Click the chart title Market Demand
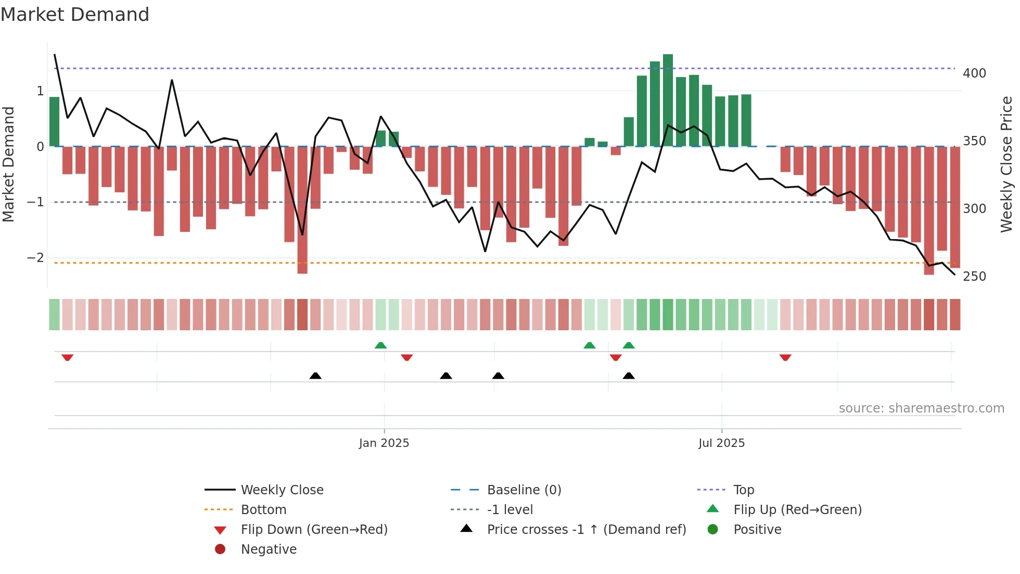click(75, 15)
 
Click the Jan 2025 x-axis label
click(384, 443)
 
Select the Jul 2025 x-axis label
click(721, 443)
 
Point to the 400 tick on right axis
click(974, 73)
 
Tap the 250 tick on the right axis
click(974, 277)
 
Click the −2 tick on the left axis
click(35, 258)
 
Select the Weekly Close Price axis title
click(1006, 164)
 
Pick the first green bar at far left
click(54, 122)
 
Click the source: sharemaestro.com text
click(921, 408)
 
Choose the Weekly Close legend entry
click(282, 490)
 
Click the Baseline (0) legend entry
click(524, 490)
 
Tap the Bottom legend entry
click(263, 510)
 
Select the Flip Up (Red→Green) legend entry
click(797, 510)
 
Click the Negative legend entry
click(269, 550)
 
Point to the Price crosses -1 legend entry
click(586, 530)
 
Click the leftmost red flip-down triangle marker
click(67, 357)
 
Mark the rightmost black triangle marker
click(629, 376)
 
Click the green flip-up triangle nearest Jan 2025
click(380, 345)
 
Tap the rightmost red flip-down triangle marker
click(785, 357)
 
